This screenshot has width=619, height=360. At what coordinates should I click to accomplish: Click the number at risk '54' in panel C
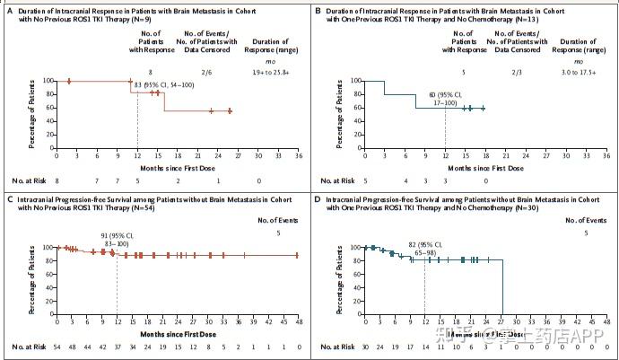[x=57, y=346]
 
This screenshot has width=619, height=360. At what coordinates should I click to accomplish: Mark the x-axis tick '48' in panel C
[x=297, y=320]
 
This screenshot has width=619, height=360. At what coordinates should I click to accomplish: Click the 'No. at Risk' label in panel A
[x=24, y=180]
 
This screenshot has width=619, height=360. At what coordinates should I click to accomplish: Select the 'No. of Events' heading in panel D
[x=587, y=218]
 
